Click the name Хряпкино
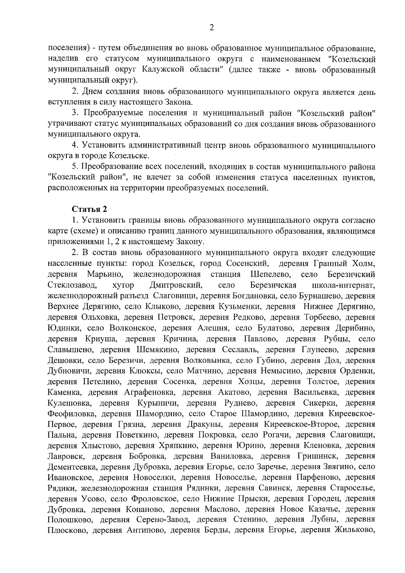(x=179, y=446)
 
